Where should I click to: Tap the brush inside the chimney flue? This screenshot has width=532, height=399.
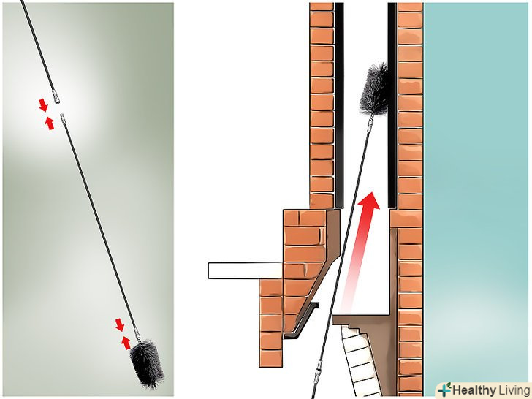[374, 90]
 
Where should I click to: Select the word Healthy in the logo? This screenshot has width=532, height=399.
[474, 389]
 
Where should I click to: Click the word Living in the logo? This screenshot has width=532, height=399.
[513, 389]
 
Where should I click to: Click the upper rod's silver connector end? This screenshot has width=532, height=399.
[57, 96]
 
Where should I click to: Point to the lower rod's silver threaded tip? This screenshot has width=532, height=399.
[63, 118]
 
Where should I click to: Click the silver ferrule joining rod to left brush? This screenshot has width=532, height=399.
[137, 332]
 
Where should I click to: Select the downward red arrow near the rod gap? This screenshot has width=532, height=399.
[43, 104]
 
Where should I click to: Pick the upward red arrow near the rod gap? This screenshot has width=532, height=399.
[50, 123]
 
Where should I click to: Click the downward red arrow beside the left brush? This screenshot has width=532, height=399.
[119, 324]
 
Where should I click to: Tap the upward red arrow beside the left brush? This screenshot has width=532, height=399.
[126, 343]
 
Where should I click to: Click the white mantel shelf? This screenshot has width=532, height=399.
[245, 270]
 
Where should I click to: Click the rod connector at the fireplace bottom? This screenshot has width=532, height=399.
[319, 370]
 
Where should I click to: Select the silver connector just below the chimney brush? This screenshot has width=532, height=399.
[370, 123]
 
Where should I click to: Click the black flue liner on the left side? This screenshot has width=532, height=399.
[339, 105]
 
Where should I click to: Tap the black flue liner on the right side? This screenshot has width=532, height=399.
[392, 105]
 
